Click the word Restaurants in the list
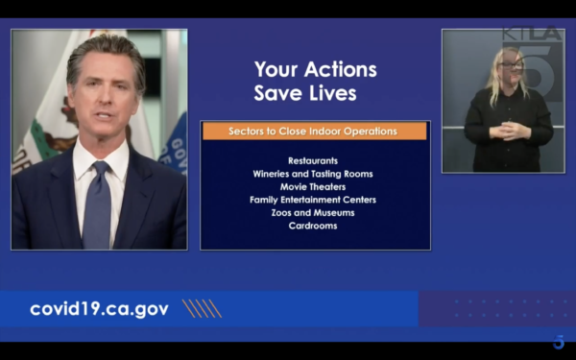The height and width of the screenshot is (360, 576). pyautogui.click(x=313, y=161)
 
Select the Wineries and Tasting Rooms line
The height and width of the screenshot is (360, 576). pyautogui.click(x=313, y=174)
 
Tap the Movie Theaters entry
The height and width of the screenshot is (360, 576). pyautogui.click(x=313, y=187)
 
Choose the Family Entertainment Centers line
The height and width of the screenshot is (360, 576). pyautogui.click(x=313, y=200)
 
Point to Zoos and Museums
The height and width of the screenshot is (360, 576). pyautogui.click(x=313, y=213)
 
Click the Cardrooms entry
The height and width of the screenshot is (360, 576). pyautogui.click(x=313, y=226)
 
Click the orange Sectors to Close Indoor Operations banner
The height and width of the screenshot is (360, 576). pyautogui.click(x=315, y=132)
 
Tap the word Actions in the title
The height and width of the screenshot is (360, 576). pyautogui.click(x=341, y=69)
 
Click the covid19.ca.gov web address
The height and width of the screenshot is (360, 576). pyautogui.click(x=99, y=309)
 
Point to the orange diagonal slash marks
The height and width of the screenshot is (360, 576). pyautogui.click(x=202, y=308)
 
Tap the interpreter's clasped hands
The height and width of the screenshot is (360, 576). pyautogui.click(x=510, y=131)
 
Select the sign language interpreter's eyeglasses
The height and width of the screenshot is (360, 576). pyautogui.click(x=511, y=65)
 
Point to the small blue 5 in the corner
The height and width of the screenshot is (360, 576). pyautogui.click(x=559, y=342)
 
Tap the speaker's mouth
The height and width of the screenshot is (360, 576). pyautogui.click(x=104, y=116)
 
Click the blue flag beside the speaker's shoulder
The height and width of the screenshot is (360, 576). pyautogui.click(x=175, y=146)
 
